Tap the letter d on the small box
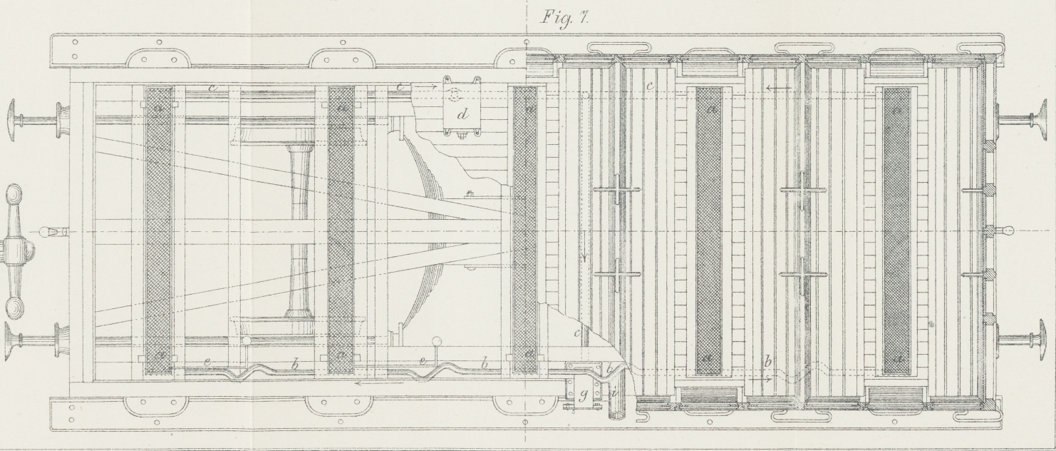click(x=462, y=113)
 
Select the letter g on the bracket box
click(x=582, y=395)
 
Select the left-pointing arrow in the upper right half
click(x=778, y=88)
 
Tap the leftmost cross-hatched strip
click(x=159, y=230)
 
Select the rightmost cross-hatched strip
click(x=896, y=230)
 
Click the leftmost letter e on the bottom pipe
click(x=207, y=363)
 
